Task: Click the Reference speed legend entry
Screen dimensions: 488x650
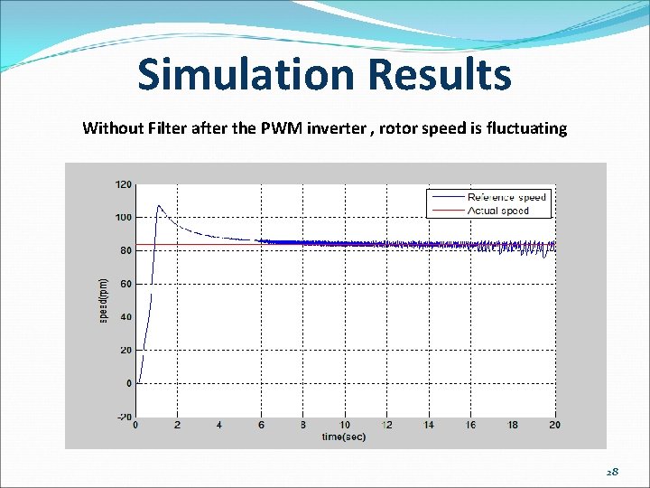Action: pyautogui.click(x=506, y=197)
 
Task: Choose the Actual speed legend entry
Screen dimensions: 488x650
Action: pyautogui.click(x=497, y=211)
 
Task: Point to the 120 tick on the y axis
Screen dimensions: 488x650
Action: pyautogui.click(x=123, y=184)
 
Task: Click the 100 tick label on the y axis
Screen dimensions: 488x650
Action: pyautogui.click(x=123, y=218)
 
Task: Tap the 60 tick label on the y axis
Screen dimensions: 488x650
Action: pyautogui.click(x=125, y=284)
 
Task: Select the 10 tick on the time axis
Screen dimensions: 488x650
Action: pyautogui.click(x=345, y=426)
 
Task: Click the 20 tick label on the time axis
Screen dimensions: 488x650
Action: pyautogui.click(x=553, y=426)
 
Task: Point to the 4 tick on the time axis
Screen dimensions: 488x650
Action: pyautogui.click(x=219, y=426)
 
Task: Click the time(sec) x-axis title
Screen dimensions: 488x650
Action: pyautogui.click(x=345, y=437)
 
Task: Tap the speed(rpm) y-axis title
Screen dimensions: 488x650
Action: pyautogui.click(x=103, y=301)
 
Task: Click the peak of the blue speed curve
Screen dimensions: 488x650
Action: pyautogui.click(x=159, y=205)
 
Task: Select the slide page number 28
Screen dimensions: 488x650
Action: pyautogui.click(x=611, y=472)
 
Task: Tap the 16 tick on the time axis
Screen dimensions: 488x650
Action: pyautogui.click(x=470, y=426)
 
